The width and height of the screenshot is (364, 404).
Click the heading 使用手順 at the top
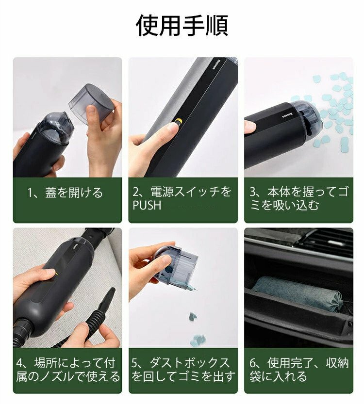[x=182, y=26]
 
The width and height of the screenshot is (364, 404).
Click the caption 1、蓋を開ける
[x=65, y=193]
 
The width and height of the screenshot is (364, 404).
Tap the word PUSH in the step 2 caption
[x=147, y=205]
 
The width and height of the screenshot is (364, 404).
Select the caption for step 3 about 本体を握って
[x=299, y=199]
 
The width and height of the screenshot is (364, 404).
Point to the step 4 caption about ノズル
[x=68, y=370]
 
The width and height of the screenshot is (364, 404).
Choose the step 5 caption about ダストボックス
[x=183, y=370]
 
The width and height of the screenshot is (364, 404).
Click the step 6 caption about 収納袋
[x=299, y=370]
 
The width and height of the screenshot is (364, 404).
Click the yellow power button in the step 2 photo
[x=178, y=121]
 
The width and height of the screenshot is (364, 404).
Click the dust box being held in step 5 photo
[x=175, y=267]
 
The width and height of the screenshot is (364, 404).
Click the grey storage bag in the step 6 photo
[x=298, y=293]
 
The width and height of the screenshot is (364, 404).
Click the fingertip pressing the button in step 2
[x=173, y=127]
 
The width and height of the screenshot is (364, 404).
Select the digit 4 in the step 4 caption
[x=19, y=363]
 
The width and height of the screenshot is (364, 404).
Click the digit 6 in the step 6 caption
[x=253, y=363]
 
